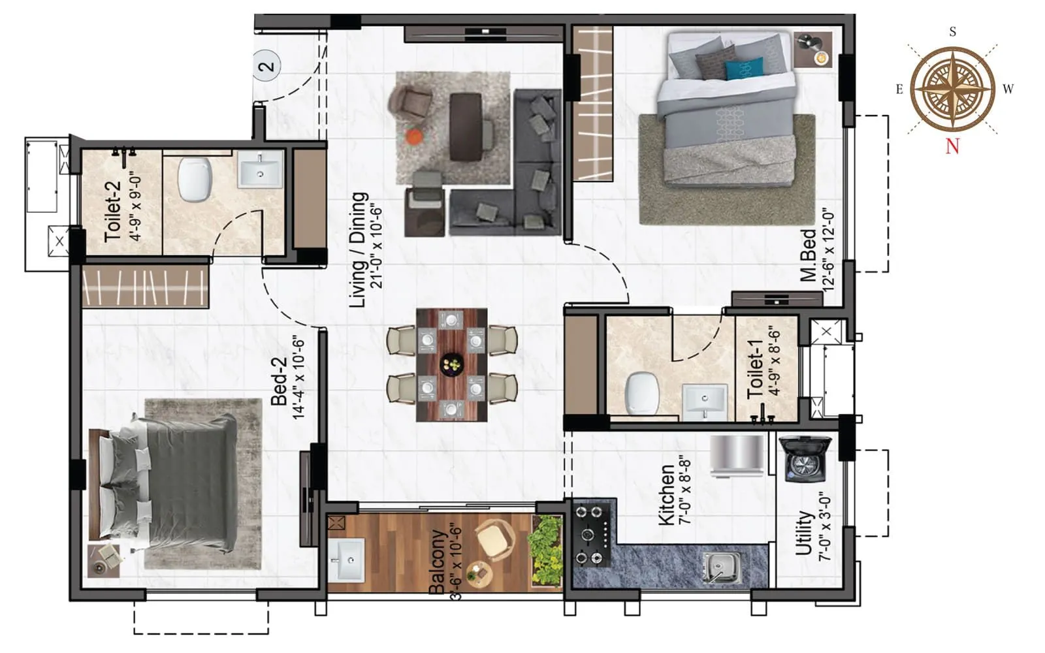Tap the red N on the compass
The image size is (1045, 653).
pyautogui.click(x=952, y=146)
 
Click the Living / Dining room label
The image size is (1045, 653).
pyautogui.click(x=359, y=249)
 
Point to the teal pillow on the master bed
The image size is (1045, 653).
pyautogui.click(x=744, y=69)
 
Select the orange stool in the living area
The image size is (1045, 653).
pyautogui.click(x=414, y=137)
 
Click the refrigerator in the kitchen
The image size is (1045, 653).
pyautogui.click(x=737, y=454)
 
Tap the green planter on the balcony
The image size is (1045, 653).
pyautogui.click(x=545, y=550)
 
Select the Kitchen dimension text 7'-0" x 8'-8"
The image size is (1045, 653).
pyautogui.click(x=685, y=490)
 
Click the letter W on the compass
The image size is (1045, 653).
pyautogui.click(x=1007, y=89)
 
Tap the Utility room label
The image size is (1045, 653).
pyautogui.click(x=803, y=533)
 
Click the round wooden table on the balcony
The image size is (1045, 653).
pyautogui.click(x=479, y=574)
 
